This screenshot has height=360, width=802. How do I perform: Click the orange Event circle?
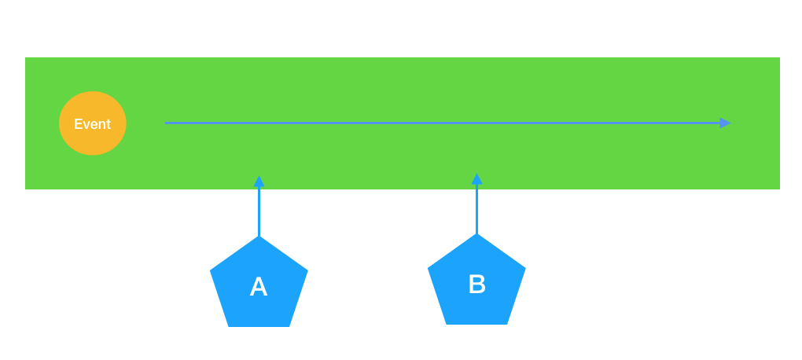pos(93,123)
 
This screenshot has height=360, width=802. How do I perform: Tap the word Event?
pos(93,123)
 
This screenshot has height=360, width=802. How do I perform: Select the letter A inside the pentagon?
pos(259,286)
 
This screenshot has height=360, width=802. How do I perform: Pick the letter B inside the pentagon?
pos(476,284)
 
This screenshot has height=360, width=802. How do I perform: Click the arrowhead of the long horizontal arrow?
pos(725,123)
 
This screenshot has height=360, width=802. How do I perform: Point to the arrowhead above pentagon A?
pos(259,181)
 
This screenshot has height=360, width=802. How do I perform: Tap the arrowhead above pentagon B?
pos(476,178)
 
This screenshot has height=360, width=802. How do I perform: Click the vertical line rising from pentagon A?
pos(259,211)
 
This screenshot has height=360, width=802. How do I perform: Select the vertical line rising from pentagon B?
pos(476,209)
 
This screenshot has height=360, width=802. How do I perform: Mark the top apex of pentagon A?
pos(259,236)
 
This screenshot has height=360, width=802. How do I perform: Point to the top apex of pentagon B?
pos(476,233)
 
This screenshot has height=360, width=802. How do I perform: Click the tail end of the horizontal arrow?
pos(165,123)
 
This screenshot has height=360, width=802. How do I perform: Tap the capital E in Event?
pos(79,123)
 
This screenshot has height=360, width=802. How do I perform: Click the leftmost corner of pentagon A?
pos(210,270)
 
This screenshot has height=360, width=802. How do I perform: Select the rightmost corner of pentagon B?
pos(526,268)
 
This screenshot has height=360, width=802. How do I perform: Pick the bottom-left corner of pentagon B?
pos(447,324)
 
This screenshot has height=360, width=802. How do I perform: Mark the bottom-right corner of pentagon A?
pos(289,327)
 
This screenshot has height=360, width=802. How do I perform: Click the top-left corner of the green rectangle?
pos(25,57)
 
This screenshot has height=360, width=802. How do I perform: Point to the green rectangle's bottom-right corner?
pos(779,189)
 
